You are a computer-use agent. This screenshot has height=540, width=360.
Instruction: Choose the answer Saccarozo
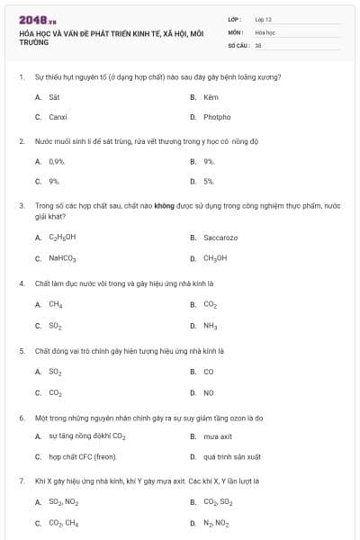220,238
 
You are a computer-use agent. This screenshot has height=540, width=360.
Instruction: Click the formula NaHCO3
62,258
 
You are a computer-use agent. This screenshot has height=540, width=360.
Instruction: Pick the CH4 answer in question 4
56,304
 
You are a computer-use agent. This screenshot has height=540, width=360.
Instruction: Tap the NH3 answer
211,325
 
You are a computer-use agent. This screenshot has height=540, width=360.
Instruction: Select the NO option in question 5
209,392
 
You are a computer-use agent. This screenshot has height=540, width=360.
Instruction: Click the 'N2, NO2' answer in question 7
216,523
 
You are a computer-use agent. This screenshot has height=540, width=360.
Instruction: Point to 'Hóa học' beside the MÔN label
265,31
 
